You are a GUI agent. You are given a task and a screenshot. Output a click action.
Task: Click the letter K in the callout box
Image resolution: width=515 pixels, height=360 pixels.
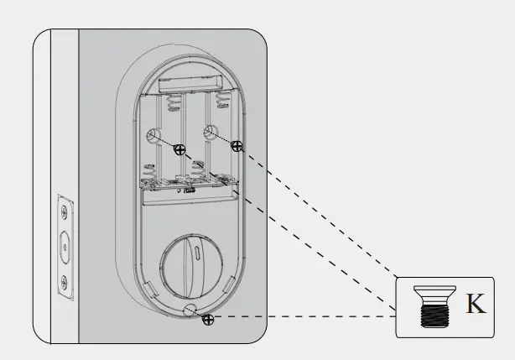476,304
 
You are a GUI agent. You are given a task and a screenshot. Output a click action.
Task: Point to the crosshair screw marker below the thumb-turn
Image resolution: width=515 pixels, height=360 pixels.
208,320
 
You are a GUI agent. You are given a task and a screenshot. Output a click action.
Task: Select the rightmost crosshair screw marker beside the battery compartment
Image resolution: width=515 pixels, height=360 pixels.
237,146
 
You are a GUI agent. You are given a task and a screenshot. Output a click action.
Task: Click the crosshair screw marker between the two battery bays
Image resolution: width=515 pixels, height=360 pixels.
179,150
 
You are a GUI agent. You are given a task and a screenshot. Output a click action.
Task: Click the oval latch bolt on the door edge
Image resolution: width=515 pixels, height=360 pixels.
65,246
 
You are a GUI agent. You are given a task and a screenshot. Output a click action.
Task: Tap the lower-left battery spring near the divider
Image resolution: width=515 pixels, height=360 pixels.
149,173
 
